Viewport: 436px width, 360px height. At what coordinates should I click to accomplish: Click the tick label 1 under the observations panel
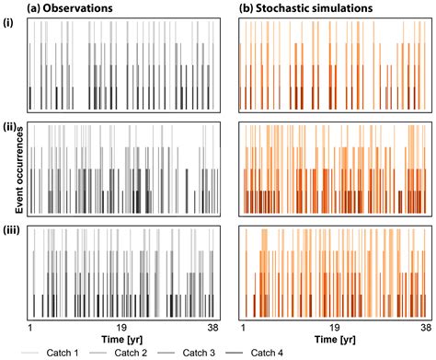click(x=30, y=326)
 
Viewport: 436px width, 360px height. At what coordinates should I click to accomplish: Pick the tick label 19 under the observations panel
click(x=121, y=326)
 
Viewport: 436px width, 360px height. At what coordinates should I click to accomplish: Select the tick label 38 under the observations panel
click(x=212, y=326)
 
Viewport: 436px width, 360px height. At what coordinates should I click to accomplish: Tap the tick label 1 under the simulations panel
click(x=243, y=326)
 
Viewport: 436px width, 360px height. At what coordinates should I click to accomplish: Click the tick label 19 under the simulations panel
click(x=334, y=326)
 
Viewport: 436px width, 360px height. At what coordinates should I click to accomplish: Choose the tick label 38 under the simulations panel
click(x=424, y=326)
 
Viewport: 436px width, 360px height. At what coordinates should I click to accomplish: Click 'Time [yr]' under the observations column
click(x=121, y=338)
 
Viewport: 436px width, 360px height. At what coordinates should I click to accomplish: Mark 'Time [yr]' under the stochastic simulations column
click(x=334, y=338)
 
